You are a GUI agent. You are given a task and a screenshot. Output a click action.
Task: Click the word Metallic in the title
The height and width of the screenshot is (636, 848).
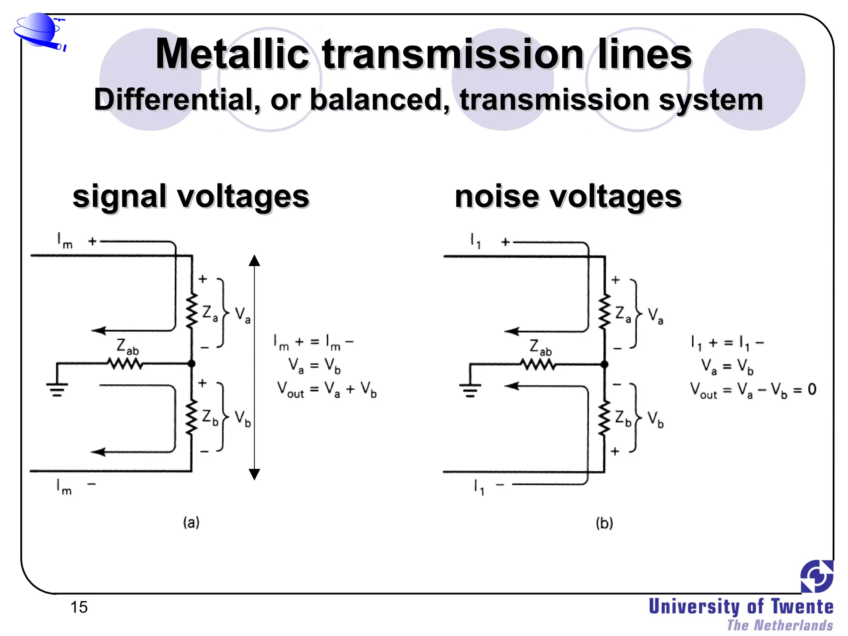click(232, 54)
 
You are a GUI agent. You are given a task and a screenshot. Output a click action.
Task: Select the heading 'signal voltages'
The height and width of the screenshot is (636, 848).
click(191, 196)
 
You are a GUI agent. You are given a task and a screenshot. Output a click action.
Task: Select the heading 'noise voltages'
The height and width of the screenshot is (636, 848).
click(568, 196)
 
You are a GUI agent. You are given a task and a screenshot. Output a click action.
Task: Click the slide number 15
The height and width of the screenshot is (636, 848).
click(79, 607)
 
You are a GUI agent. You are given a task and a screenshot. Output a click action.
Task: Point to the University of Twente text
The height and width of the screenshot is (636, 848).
click(741, 607)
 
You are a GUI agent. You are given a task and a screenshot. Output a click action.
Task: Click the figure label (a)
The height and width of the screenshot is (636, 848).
click(191, 523)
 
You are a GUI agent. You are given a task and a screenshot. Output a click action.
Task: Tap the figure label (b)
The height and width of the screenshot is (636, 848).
click(604, 523)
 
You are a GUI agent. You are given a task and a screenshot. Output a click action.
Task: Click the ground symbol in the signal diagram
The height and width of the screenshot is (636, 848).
click(57, 389)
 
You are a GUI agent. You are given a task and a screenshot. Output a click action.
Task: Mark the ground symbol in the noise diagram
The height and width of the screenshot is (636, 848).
click(470, 390)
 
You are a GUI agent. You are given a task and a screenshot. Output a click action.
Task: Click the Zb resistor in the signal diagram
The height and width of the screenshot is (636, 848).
click(191, 417)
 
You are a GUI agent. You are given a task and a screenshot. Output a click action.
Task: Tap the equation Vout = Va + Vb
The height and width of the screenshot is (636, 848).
click(327, 390)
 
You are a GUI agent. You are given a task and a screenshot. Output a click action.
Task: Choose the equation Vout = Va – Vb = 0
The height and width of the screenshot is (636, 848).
click(753, 390)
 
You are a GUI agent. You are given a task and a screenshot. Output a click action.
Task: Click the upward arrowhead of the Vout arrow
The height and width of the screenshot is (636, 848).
click(255, 261)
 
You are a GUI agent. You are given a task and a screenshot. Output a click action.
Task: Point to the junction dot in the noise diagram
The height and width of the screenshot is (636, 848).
click(605, 364)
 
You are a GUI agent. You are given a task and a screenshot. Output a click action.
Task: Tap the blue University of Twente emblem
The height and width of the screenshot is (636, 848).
click(817, 576)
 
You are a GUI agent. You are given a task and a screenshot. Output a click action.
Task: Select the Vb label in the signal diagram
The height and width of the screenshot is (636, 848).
click(243, 418)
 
